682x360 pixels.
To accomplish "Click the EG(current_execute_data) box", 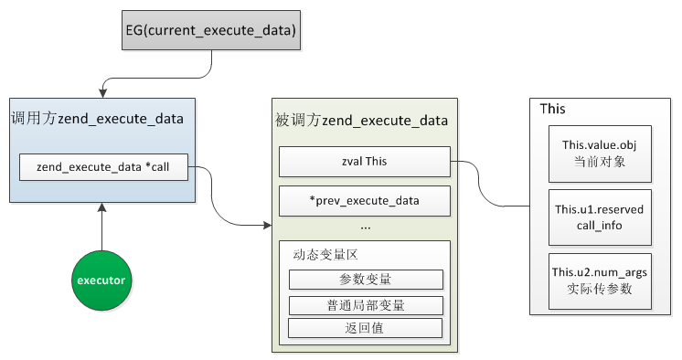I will [x=210, y=31].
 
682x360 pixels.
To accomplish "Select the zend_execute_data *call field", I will [x=102, y=167].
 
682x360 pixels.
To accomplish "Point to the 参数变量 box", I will [x=365, y=280].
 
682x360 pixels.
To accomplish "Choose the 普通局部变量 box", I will [x=365, y=305].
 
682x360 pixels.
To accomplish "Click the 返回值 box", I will [x=365, y=328].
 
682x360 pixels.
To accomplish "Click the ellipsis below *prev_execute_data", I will [x=365, y=225].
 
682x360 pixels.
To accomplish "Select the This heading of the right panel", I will [x=552, y=109].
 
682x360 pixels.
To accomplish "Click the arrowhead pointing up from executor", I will [x=102, y=208].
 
